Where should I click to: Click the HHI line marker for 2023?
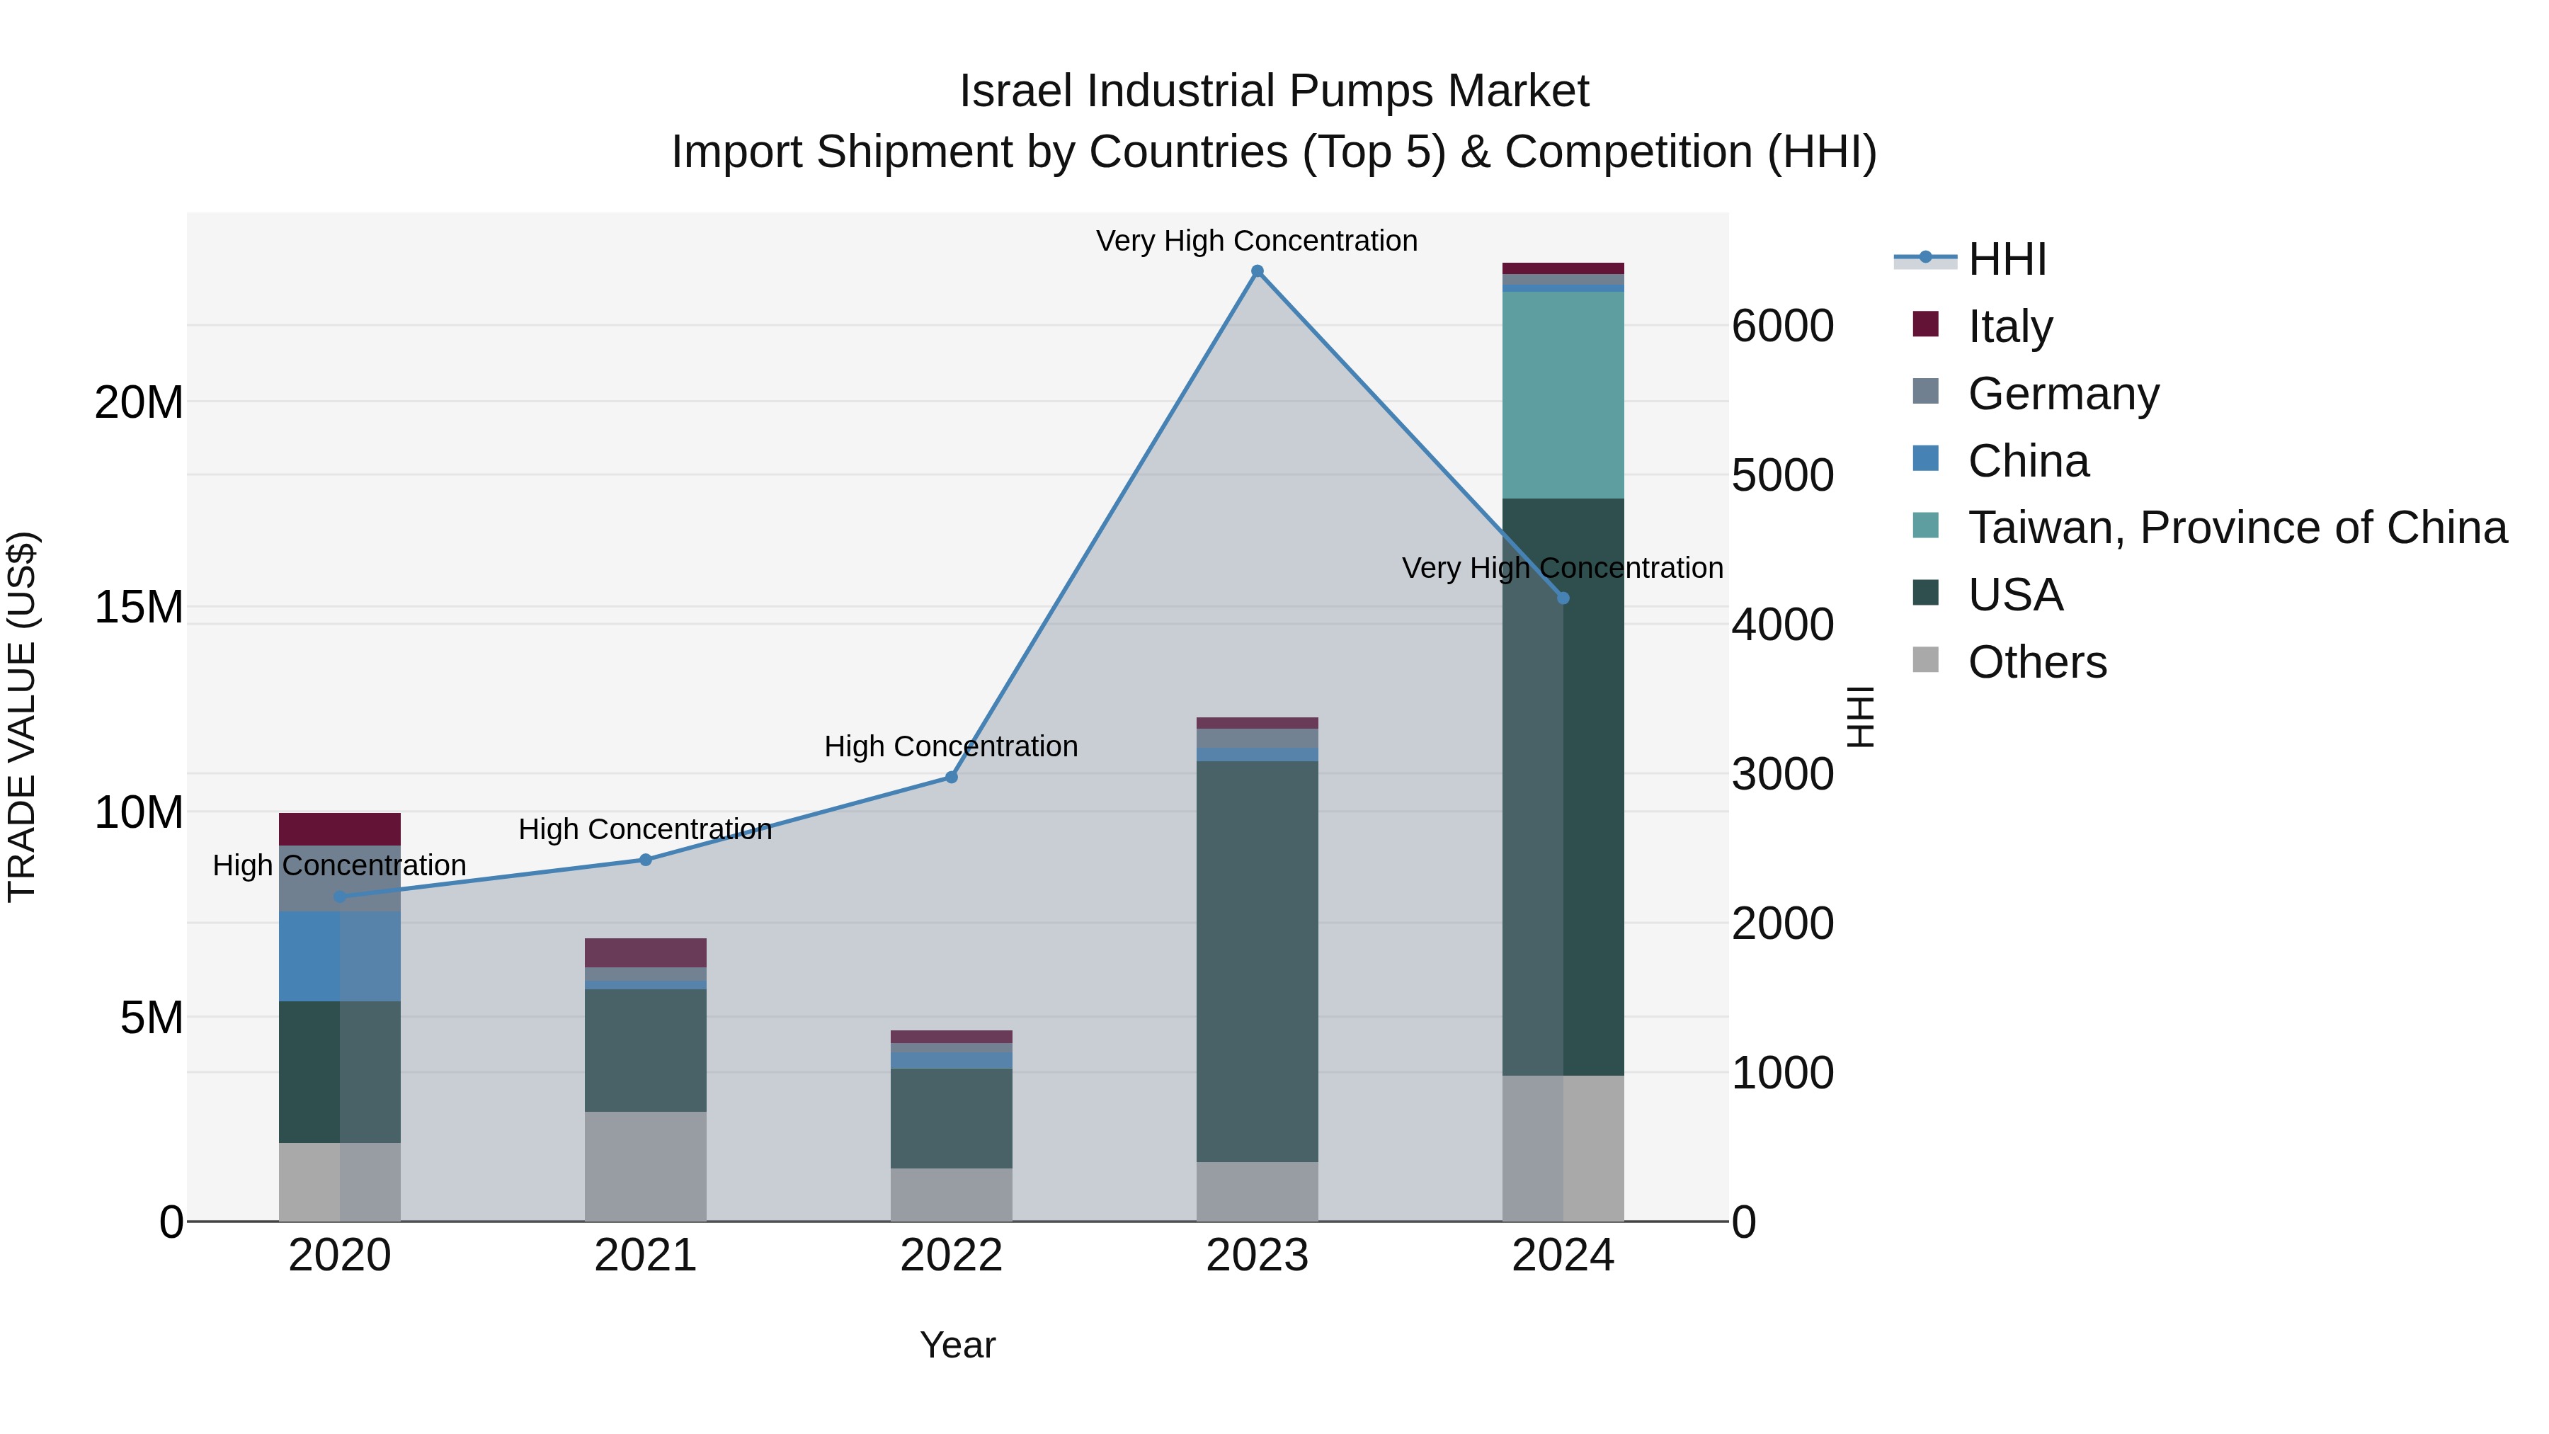tap(1257, 271)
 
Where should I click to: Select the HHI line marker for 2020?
tap(339, 897)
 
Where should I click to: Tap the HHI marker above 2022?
tap(951, 777)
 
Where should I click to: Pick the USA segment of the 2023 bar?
tap(1257, 960)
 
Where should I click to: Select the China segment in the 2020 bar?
tap(339, 956)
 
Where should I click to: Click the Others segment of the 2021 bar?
tap(645, 1166)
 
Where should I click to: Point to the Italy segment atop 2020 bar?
tap(339, 829)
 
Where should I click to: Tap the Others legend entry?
tap(2036, 662)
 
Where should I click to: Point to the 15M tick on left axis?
tap(139, 607)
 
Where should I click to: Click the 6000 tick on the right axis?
tap(1782, 326)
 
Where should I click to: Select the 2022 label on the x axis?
tap(951, 1256)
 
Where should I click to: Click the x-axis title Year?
tap(957, 1345)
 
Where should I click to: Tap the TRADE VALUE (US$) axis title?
tap(23, 717)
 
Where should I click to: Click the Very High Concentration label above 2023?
tap(1257, 241)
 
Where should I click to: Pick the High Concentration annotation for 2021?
tap(645, 829)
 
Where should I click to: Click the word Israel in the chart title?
tap(1016, 91)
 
